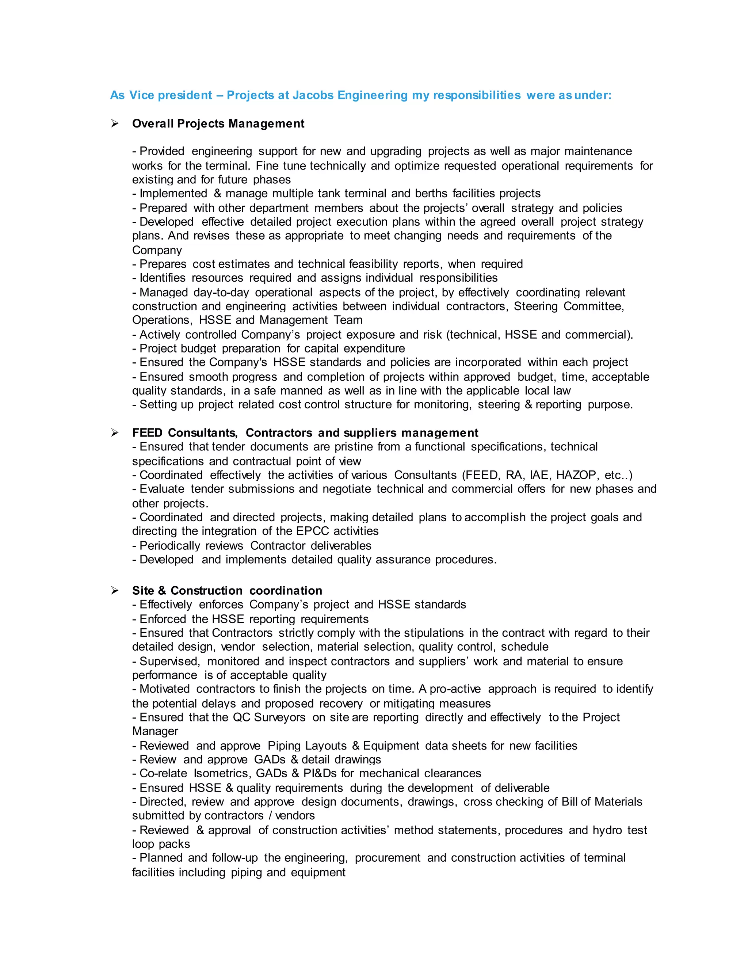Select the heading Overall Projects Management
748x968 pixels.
(x=218, y=124)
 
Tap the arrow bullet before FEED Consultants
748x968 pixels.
(x=115, y=432)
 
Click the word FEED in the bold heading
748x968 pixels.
(x=147, y=432)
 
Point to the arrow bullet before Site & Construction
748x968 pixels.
(x=115, y=590)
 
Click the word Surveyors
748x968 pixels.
(x=280, y=717)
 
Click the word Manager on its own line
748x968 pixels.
(x=155, y=731)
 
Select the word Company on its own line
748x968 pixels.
(x=157, y=251)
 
